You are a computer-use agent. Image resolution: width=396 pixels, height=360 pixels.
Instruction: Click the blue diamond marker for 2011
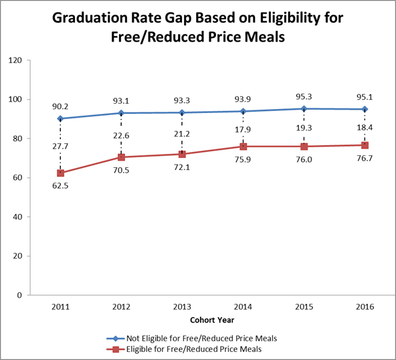tap(61, 118)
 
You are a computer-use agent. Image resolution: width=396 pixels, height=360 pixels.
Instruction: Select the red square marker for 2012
tap(122, 157)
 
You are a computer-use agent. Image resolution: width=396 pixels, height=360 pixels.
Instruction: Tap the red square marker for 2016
tap(365, 145)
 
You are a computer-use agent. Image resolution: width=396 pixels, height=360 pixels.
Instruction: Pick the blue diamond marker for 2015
tap(304, 108)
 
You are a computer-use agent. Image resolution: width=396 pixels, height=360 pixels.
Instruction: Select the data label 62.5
tap(61, 187)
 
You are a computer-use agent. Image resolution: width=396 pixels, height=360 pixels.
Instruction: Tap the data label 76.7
tap(365, 159)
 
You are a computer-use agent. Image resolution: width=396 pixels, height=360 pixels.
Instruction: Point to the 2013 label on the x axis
tap(182, 306)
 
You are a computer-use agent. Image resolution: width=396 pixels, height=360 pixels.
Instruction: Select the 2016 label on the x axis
tap(365, 306)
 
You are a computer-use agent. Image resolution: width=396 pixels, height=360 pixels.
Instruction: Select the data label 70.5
tap(122, 171)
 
